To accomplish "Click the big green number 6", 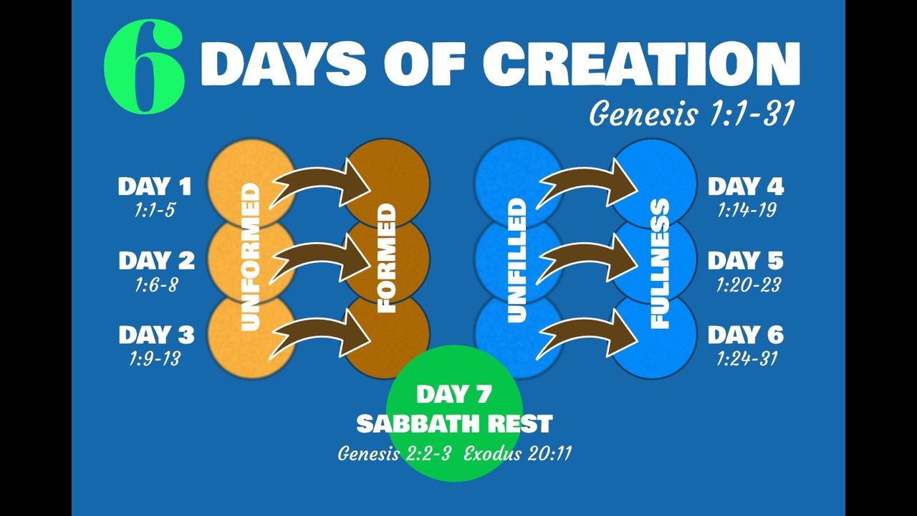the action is click(144, 67).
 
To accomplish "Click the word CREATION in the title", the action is click(641, 64).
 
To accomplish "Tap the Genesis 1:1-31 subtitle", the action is click(692, 113).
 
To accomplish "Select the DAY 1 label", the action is click(155, 186).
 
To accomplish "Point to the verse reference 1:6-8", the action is click(156, 285).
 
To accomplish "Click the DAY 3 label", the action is click(156, 335).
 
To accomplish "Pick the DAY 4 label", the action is click(746, 186).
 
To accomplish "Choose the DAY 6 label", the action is click(746, 335).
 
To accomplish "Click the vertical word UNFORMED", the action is click(251, 257).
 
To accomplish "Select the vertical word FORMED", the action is click(386, 259).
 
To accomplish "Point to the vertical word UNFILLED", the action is click(517, 260).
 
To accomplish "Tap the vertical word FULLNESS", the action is click(660, 263).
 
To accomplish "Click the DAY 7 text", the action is click(453, 394).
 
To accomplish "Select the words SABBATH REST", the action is click(454, 424).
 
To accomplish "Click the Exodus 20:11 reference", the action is click(517, 454).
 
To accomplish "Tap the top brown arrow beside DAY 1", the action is click(320, 184).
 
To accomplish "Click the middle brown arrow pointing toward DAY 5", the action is click(587, 259).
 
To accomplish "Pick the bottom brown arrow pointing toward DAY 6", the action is click(587, 335).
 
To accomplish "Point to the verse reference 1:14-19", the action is click(747, 210).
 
